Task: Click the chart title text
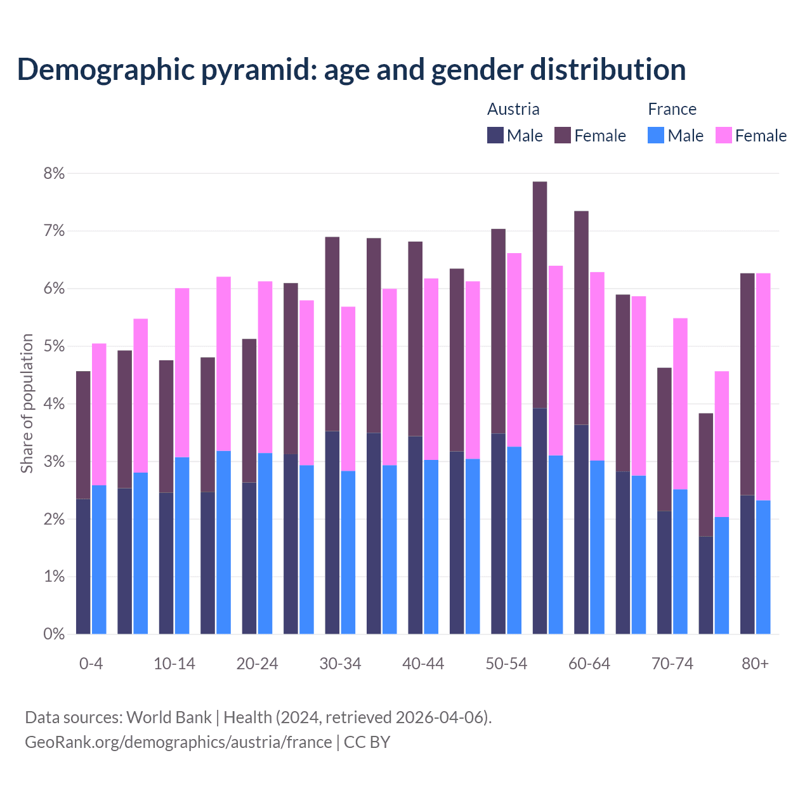(x=351, y=70)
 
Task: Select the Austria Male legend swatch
(x=495, y=135)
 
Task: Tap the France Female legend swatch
(x=723, y=135)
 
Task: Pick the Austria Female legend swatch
(x=563, y=135)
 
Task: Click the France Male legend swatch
(x=656, y=135)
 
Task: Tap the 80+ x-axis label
(x=755, y=664)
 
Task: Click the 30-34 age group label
(x=340, y=664)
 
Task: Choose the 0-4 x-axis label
(x=91, y=664)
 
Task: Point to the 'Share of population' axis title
(x=27, y=403)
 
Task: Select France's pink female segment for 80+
(x=763, y=387)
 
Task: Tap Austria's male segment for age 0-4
(x=83, y=566)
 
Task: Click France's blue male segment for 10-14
(x=182, y=546)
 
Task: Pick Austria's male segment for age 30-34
(x=332, y=533)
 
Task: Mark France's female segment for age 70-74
(x=680, y=403)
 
